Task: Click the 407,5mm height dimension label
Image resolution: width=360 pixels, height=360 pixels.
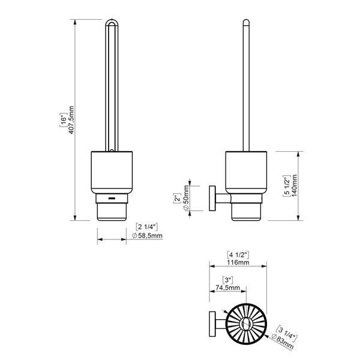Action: [71, 120]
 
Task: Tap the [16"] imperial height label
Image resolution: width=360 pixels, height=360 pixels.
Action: [64, 120]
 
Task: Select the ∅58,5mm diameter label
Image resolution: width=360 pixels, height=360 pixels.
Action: [147, 236]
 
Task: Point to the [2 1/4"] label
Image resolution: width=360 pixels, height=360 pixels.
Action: [147, 227]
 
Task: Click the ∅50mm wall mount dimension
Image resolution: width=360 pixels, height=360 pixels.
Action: [186, 197]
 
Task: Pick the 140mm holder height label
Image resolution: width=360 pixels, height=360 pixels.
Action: [294, 185]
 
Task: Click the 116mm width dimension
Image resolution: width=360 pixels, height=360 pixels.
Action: [238, 262]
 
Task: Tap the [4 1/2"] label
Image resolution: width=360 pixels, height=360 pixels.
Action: [238, 255]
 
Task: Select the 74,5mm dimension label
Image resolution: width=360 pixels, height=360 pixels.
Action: [228, 287]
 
